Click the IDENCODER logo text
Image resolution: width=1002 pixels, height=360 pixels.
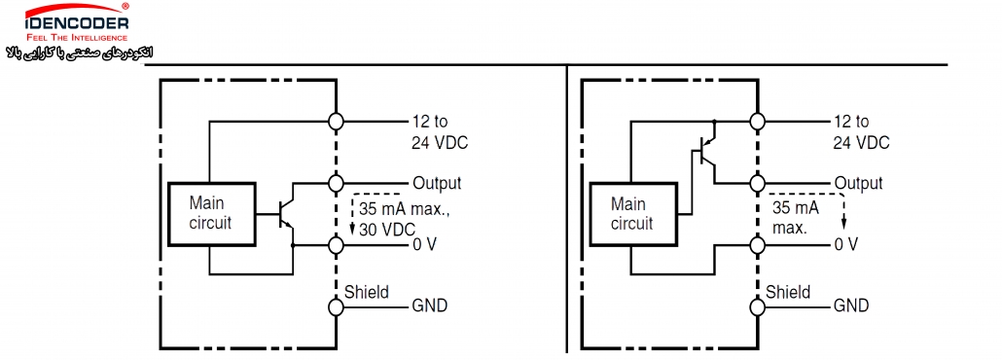point(77,23)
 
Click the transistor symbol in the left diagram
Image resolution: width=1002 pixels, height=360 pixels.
point(286,215)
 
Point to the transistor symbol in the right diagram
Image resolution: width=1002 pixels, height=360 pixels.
point(707,152)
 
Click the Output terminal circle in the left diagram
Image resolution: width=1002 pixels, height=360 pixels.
point(337,184)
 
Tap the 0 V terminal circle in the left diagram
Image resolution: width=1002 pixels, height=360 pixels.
point(337,245)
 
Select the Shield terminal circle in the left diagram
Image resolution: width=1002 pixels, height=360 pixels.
point(337,306)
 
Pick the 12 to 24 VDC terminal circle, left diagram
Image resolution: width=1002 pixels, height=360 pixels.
point(337,121)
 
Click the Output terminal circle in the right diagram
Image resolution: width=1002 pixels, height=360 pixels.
point(758,184)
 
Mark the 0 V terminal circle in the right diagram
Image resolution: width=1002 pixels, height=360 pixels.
point(758,245)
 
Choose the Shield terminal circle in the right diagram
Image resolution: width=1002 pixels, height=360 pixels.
point(758,306)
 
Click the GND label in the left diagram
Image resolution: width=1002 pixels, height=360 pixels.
point(429,306)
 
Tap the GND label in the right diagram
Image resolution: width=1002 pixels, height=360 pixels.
point(851,306)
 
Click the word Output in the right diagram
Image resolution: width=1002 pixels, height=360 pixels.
point(858,183)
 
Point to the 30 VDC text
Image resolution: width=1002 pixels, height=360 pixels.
point(387,229)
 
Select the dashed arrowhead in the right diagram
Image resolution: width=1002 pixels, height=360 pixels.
point(843,223)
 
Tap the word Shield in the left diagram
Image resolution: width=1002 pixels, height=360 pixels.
point(367,292)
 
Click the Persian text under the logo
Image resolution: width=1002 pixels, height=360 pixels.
point(80,52)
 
